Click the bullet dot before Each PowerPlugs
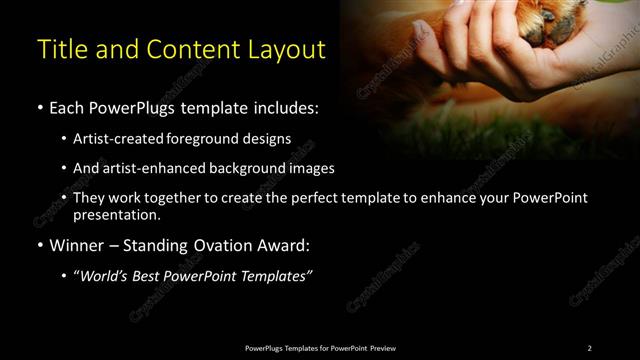(39, 107)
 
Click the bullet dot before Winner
(39, 244)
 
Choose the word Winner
(76, 244)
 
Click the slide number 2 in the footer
(589, 347)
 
